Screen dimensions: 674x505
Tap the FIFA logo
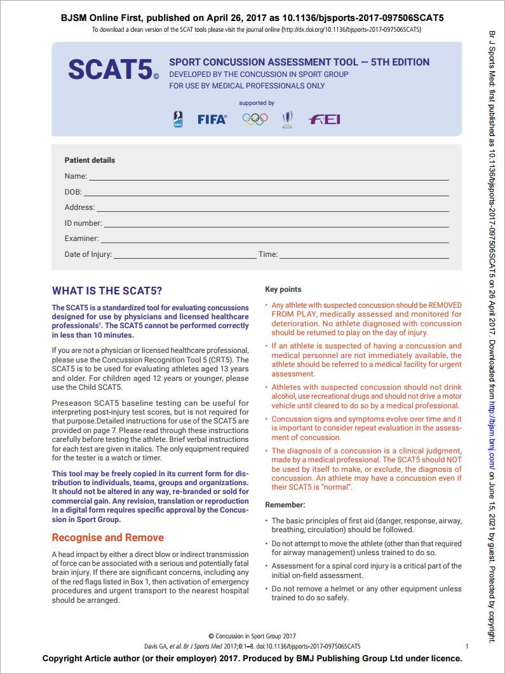[x=212, y=119]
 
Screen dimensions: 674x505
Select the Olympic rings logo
[x=255, y=119]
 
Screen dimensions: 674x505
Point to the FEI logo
[x=324, y=119]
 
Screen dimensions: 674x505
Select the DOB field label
[x=73, y=191]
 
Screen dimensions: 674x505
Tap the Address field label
[x=79, y=207]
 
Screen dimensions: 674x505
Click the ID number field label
[x=83, y=223]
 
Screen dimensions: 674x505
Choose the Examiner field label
[x=81, y=239]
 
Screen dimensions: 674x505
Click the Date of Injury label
[x=88, y=254]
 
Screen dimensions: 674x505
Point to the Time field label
[x=267, y=254]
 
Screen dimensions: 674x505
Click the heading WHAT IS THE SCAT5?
[x=107, y=291]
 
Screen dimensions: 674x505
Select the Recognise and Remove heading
[x=107, y=537]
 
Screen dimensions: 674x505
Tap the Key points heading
[x=283, y=289]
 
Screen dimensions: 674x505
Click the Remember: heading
[x=285, y=505]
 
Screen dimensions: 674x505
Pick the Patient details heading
[x=90, y=160]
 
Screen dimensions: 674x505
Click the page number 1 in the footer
[x=468, y=645]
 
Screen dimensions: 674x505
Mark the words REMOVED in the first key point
[x=445, y=305]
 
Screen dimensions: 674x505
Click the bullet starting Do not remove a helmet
[x=366, y=593]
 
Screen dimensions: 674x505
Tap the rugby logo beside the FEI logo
[x=288, y=119]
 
